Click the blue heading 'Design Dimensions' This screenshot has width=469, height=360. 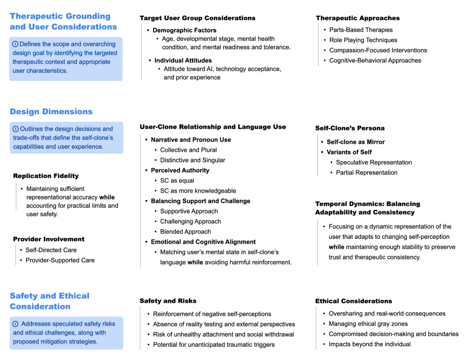(51, 112)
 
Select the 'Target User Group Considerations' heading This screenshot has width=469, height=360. (197, 18)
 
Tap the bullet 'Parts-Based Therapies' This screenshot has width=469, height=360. (361, 30)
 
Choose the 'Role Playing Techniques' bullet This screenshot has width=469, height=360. (363, 40)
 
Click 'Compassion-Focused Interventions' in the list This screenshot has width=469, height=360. (378, 50)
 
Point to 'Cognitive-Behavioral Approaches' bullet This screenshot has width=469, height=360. (375, 60)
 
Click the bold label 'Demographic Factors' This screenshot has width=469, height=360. (185, 30)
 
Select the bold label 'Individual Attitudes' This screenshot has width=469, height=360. (183, 60)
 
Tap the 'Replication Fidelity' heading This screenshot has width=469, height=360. (46, 176)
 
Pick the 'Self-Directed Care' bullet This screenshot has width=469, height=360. (51, 250)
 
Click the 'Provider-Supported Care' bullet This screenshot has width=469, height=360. (60, 260)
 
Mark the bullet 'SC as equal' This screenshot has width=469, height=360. (177, 180)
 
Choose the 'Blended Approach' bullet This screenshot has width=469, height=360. (186, 231)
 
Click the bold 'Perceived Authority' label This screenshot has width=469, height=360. (180, 170)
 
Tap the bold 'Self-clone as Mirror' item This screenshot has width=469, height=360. (356, 142)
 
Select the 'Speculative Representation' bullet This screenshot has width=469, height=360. (374, 162)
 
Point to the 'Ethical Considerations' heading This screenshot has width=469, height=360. (354, 301)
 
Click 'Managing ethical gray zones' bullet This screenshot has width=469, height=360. (368, 324)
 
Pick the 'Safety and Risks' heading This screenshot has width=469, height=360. (168, 301)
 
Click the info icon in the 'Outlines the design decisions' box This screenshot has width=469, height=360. (16, 129)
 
